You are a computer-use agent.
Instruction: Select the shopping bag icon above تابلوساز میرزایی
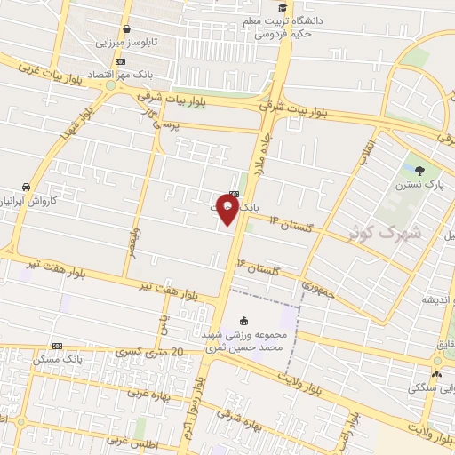pos(127,28)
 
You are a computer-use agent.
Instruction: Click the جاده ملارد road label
pos(263,160)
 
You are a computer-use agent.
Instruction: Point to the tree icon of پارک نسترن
pos(419,170)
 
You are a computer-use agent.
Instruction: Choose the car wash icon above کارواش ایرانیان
pos(26,187)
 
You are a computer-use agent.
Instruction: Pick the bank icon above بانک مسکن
pos(58,346)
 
